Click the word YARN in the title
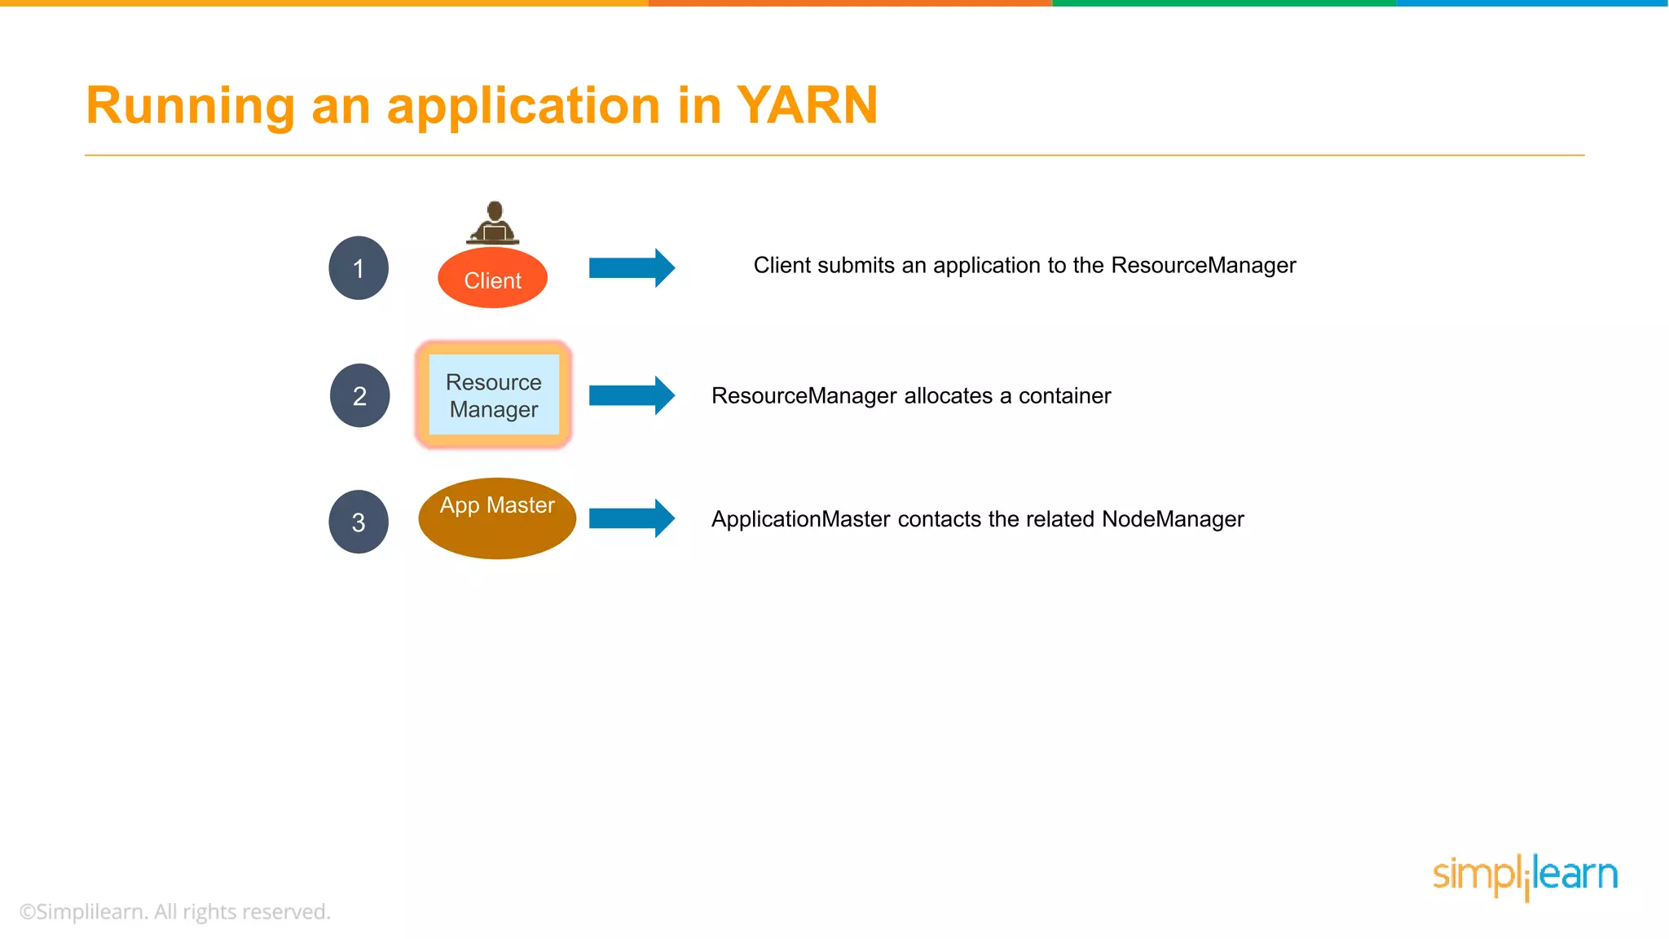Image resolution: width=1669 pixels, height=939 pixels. (x=807, y=106)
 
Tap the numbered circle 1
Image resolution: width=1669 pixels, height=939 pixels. (x=359, y=268)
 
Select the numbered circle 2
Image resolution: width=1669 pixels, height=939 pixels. (x=359, y=395)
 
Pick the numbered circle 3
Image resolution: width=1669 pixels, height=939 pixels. (x=359, y=522)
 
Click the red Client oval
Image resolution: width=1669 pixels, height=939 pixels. (x=492, y=280)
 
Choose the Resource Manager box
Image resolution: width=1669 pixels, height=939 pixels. (x=494, y=395)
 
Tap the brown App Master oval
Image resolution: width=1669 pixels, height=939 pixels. (x=497, y=518)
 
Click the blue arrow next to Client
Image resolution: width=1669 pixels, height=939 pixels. (x=632, y=267)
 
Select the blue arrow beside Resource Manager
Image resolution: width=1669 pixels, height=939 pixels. (x=632, y=395)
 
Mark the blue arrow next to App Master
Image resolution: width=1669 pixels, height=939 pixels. (x=632, y=518)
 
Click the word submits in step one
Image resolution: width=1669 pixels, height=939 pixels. (x=856, y=266)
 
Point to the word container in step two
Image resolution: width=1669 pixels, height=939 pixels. (x=1064, y=396)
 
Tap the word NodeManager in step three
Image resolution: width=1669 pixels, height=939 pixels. (x=1173, y=519)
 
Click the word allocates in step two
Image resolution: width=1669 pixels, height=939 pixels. (x=949, y=396)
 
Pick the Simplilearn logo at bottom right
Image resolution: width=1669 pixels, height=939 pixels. (x=1525, y=876)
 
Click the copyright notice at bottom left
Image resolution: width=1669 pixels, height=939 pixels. (x=175, y=911)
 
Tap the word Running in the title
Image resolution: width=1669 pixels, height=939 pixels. (x=190, y=106)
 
